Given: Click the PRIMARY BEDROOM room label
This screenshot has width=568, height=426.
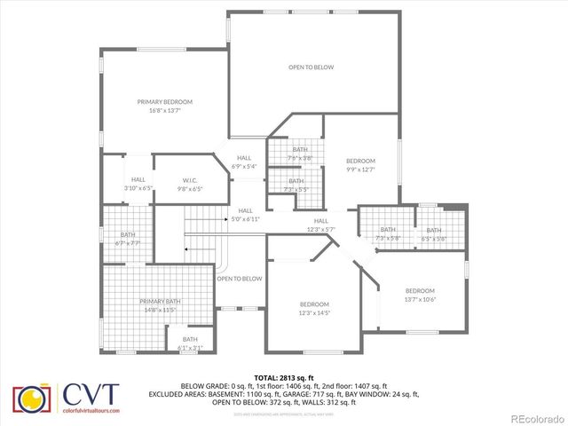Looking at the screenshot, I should [x=164, y=102].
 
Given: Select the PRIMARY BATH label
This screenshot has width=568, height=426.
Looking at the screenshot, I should [x=159, y=302].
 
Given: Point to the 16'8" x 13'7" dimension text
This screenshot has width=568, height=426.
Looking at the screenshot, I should [x=164, y=111].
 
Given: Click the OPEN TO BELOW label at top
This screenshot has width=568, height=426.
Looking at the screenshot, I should [x=311, y=67].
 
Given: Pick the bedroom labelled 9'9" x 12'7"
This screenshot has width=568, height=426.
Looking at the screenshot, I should [x=360, y=165].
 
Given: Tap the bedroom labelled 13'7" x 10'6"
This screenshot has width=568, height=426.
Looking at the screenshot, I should [x=420, y=295].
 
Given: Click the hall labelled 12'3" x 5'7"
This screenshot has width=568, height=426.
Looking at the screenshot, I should [x=320, y=225].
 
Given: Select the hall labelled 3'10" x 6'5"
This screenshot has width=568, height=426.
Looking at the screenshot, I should [x=138, y=184].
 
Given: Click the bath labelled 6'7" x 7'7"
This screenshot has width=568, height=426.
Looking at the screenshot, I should [x=128, y=239].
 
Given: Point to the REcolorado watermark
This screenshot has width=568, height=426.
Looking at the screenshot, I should [x=535, y=418].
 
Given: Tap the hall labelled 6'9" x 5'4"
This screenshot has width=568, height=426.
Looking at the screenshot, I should [x=243, y=162].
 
